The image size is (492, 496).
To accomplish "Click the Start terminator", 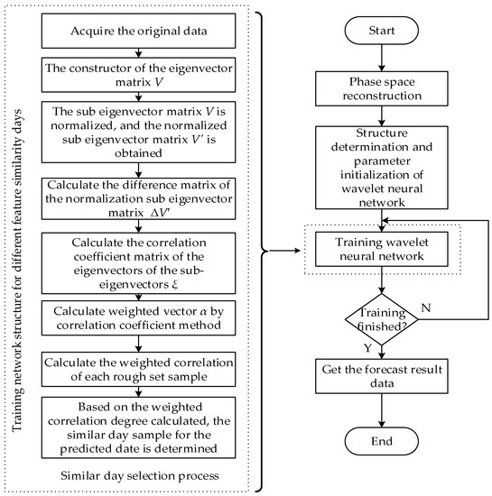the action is [382, 31].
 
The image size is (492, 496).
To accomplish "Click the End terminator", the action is [382, 441].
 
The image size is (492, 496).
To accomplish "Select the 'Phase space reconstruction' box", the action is [382, 88].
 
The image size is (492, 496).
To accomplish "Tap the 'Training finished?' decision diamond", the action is [382, 319].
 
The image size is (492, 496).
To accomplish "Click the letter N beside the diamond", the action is [426, 308].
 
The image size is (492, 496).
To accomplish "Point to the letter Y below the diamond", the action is [367, 348].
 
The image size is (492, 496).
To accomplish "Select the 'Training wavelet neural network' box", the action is [382, 249].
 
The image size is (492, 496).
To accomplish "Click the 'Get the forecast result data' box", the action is [382, 376].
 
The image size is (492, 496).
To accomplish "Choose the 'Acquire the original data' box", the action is [138, 31].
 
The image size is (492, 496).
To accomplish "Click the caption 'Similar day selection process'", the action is [140, 476].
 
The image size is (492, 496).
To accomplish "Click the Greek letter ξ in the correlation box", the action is [175, 285].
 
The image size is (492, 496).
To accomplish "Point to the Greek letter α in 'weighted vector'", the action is [203, 312].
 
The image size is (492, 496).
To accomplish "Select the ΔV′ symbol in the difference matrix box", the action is [160, 213].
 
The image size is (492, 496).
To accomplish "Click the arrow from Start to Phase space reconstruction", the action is [382, 58].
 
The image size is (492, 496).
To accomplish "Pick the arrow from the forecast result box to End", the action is [382, 410].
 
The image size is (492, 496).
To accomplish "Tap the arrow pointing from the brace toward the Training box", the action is [284, 251].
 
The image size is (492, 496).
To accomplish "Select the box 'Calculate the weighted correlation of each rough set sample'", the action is [138, 369].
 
